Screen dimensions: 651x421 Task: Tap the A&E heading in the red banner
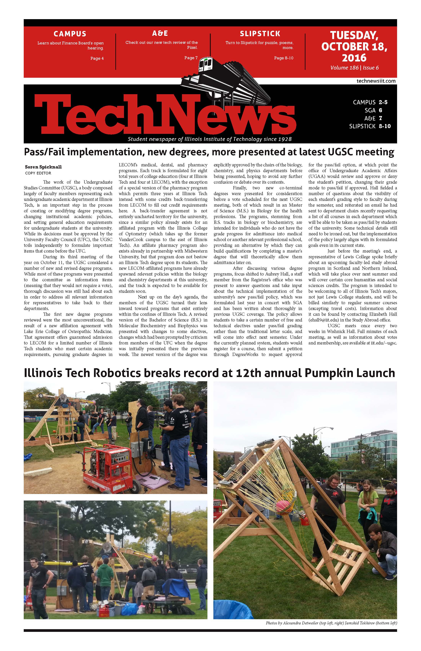(160, 33)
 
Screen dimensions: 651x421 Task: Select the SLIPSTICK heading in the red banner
(260, 34)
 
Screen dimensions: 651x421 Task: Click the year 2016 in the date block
(354, 58)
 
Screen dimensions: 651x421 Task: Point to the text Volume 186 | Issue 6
(354, 68)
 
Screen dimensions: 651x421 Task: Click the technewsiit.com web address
(376, 81)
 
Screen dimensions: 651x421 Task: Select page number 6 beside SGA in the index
(380, 110)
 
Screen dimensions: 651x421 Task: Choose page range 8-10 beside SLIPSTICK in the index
(385, 126)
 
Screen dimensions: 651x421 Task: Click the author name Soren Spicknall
(43, 167)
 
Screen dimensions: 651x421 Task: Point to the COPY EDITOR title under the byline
(38, 173)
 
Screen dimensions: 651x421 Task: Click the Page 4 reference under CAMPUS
(97, 58)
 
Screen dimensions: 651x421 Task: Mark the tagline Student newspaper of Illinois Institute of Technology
(209, 139)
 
